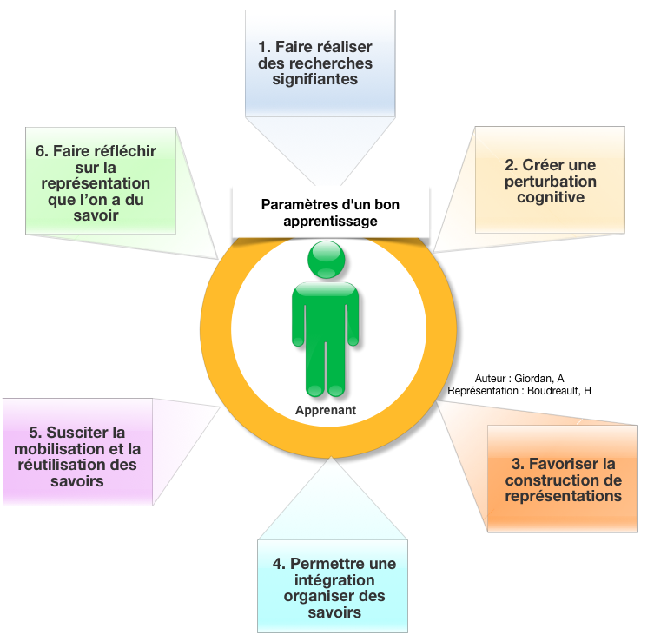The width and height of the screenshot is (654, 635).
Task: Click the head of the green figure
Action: point(327,259)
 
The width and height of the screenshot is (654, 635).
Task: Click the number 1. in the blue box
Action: point(265,47)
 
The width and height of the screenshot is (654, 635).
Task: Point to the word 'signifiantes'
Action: point(320,79)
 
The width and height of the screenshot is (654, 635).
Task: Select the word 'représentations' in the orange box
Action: point(563,496)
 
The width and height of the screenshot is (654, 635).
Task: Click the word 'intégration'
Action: point(334,579)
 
